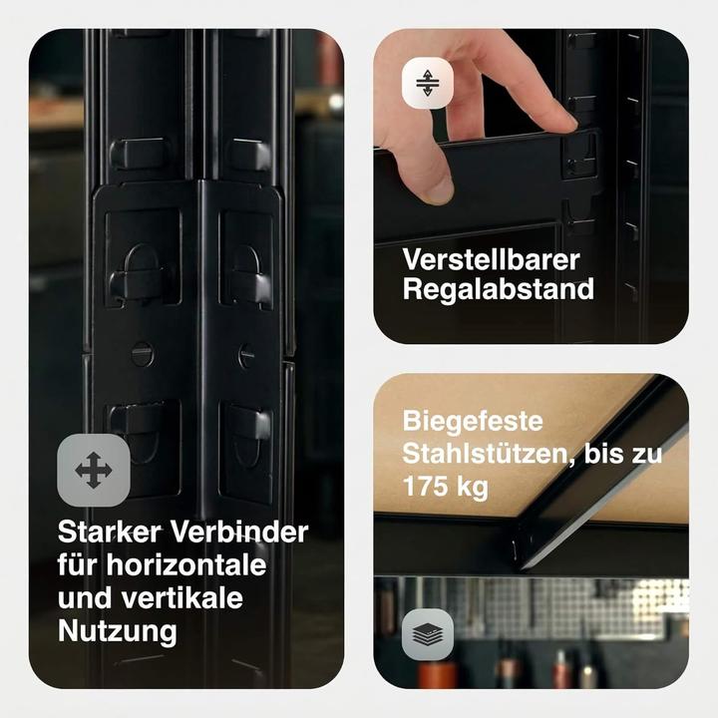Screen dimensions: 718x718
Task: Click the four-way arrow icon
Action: tap(93, 469)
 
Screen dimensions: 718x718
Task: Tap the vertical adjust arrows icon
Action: tap(427, 83)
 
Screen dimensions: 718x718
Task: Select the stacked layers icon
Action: tap(427, 634)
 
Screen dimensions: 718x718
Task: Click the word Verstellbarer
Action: tap(491, 259)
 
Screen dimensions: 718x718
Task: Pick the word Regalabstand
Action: tap(499, 289)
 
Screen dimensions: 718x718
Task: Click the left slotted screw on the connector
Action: tap(143, 353)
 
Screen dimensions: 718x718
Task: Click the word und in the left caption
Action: tap(83, 598)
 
